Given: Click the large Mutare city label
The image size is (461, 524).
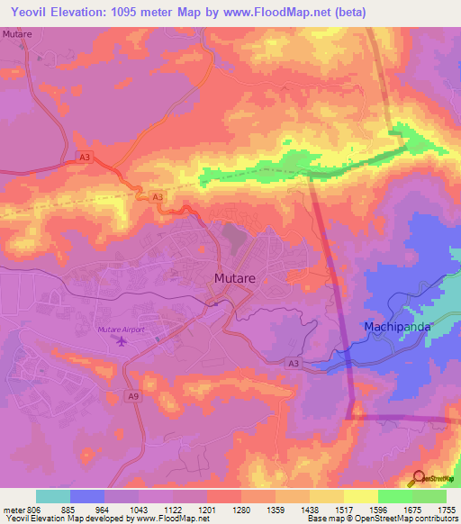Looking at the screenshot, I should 235,279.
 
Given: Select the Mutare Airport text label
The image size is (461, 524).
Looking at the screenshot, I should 121,330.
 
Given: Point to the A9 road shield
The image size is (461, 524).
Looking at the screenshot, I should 133,395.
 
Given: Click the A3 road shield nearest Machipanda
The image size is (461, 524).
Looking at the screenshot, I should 293,363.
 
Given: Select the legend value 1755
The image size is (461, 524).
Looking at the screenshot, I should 446,510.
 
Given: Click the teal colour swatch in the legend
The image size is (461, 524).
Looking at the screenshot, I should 53,496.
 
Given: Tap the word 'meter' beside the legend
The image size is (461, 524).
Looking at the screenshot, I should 10,510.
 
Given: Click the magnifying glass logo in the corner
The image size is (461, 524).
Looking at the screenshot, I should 419,479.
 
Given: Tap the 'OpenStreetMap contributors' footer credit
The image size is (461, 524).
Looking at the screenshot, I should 412,519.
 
